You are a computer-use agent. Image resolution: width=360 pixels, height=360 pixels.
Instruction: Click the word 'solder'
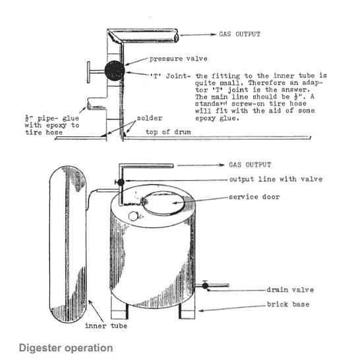(149, 119)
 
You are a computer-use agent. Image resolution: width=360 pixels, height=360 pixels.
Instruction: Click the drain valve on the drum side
(206, 285)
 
